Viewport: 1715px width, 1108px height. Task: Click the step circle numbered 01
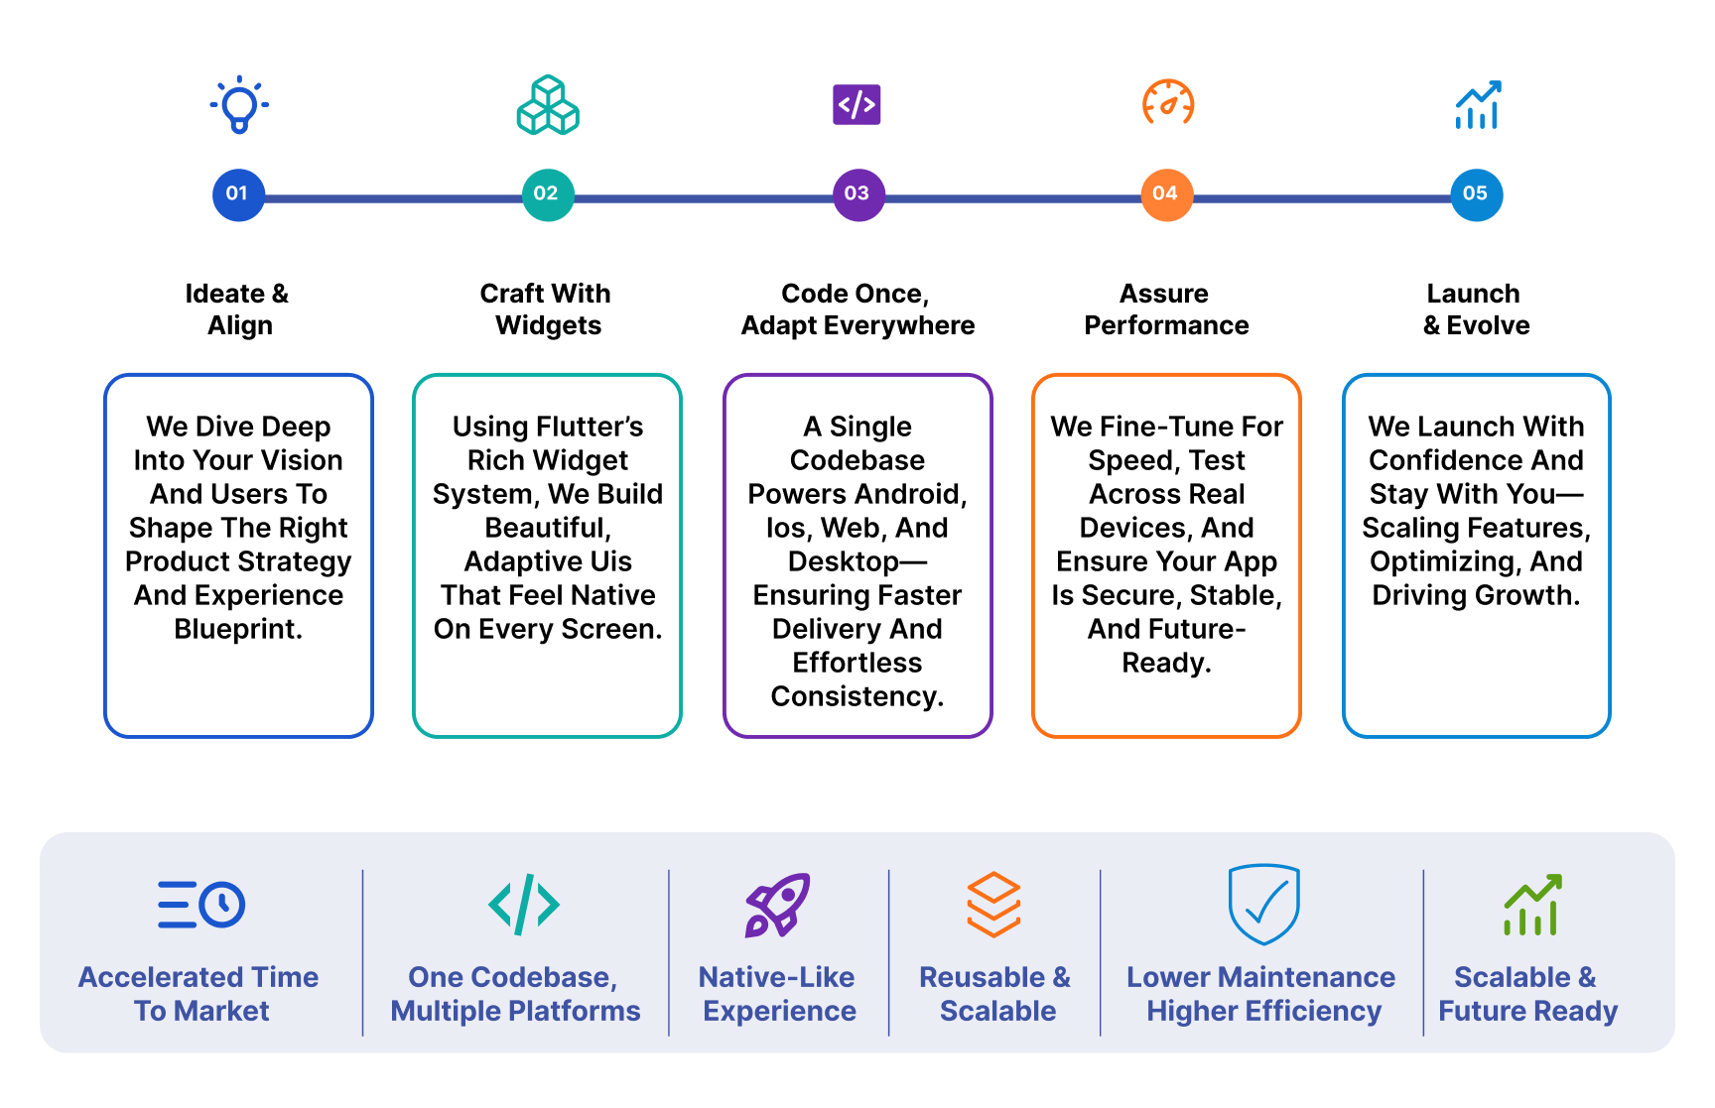238,194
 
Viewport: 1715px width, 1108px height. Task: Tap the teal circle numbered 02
548,194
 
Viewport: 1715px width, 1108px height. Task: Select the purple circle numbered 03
858,194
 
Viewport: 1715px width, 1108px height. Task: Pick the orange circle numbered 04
1167,194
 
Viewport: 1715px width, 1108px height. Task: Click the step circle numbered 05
1477,194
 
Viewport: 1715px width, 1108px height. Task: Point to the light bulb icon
239,104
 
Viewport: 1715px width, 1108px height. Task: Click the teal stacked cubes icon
548,105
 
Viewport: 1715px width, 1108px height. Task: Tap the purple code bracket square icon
857,104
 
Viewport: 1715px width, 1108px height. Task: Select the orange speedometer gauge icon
1168,103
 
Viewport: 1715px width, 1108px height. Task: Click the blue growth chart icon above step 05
1478,104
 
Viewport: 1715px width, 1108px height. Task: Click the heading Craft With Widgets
547,309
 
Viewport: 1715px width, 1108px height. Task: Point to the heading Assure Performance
1166,309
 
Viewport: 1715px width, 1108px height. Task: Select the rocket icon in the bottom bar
778,905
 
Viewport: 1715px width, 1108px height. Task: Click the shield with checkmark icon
1263,904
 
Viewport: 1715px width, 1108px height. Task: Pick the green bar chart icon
1533,905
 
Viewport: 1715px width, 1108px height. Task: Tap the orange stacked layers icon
994,905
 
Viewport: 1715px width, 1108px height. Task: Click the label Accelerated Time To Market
199,994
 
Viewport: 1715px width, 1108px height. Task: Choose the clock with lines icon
201,905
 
